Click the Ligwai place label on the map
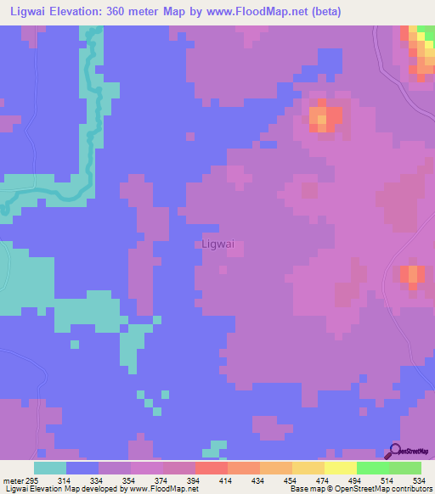[219, 244]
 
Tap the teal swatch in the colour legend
[50, 468]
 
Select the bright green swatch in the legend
[372, 468]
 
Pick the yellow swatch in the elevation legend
[340, 468]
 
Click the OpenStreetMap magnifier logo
[394, 452]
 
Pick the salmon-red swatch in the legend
[211, 468]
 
